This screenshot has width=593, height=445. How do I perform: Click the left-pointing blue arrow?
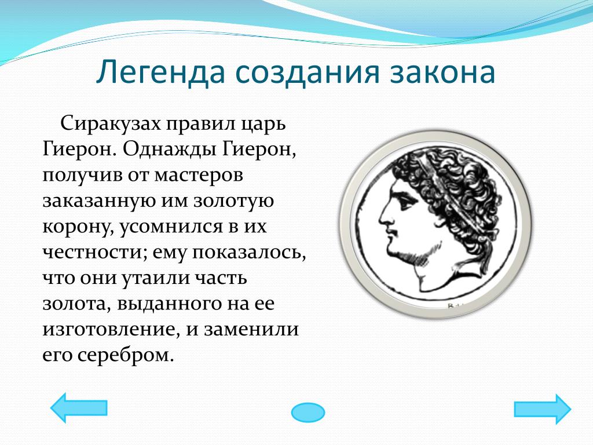79,407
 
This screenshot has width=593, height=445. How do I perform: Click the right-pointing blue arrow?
542,409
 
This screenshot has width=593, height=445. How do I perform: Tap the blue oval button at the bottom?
308,412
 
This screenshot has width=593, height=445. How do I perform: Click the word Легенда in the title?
160,72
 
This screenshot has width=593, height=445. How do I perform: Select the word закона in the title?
442,72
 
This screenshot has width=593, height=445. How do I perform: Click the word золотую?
234,202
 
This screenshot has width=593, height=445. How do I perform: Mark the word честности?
94,253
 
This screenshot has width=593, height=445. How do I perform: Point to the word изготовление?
110,329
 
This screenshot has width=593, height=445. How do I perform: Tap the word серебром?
126,355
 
